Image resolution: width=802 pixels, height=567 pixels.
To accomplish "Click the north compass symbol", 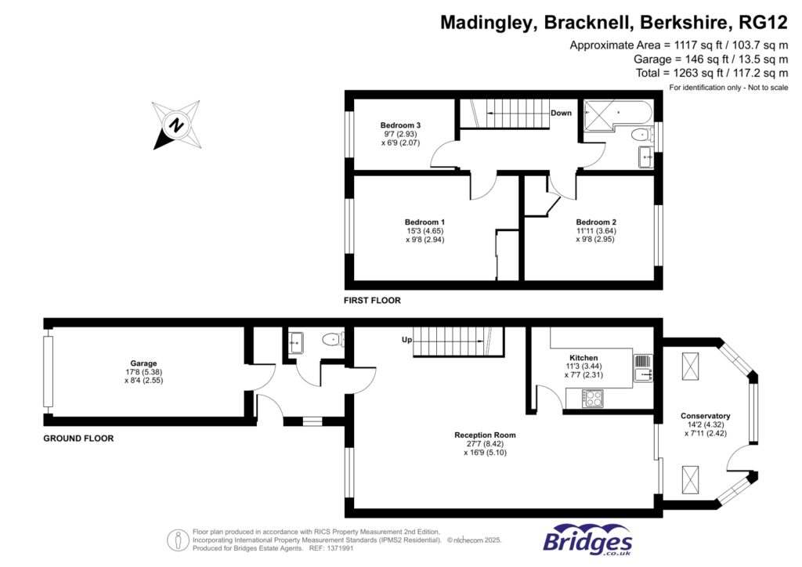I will (177, 125).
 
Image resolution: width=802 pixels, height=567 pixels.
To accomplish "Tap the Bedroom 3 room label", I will (400, 125).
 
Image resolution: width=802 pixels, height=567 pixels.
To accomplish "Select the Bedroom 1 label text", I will (425, 222).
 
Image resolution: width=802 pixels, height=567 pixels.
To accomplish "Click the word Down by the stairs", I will (561, 113).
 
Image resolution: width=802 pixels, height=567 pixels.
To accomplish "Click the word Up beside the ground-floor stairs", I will (406, 340).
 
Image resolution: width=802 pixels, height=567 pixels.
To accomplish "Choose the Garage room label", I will (143, 363).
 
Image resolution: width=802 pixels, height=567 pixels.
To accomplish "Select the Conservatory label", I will (705, 416).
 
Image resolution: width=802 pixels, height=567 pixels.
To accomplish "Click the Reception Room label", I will (485, 435).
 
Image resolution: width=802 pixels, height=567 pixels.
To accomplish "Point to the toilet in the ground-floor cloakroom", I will (333, 340).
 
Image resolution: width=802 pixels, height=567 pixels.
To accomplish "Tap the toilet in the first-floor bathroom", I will (639, 135).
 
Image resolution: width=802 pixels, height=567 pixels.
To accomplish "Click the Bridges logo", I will (587, 540).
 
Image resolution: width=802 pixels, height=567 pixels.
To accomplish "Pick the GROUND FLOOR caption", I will (78, 439).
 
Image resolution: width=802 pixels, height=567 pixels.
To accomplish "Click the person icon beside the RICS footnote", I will (179, 539).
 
